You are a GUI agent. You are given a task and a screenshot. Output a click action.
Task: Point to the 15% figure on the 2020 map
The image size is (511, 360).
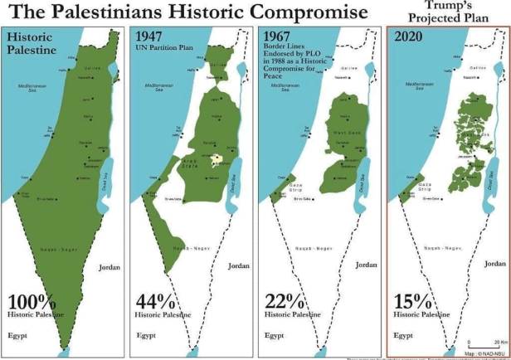click(417, 302)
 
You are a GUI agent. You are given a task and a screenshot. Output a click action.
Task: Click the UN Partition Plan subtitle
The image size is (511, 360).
click(170, 48)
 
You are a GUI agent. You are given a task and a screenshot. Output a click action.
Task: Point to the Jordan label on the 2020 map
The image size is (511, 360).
click(494, 263)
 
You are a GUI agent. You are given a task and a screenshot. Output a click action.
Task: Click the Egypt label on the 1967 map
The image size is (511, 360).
click(275, 336)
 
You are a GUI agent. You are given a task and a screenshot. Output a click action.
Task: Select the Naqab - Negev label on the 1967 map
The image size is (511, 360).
click(311, 247)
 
